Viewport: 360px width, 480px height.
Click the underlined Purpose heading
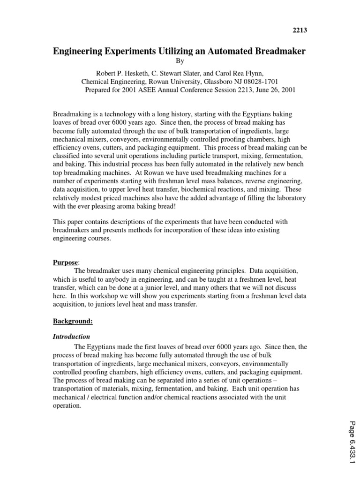(x=65, y=263)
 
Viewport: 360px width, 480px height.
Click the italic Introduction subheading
(x=71, y=337)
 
